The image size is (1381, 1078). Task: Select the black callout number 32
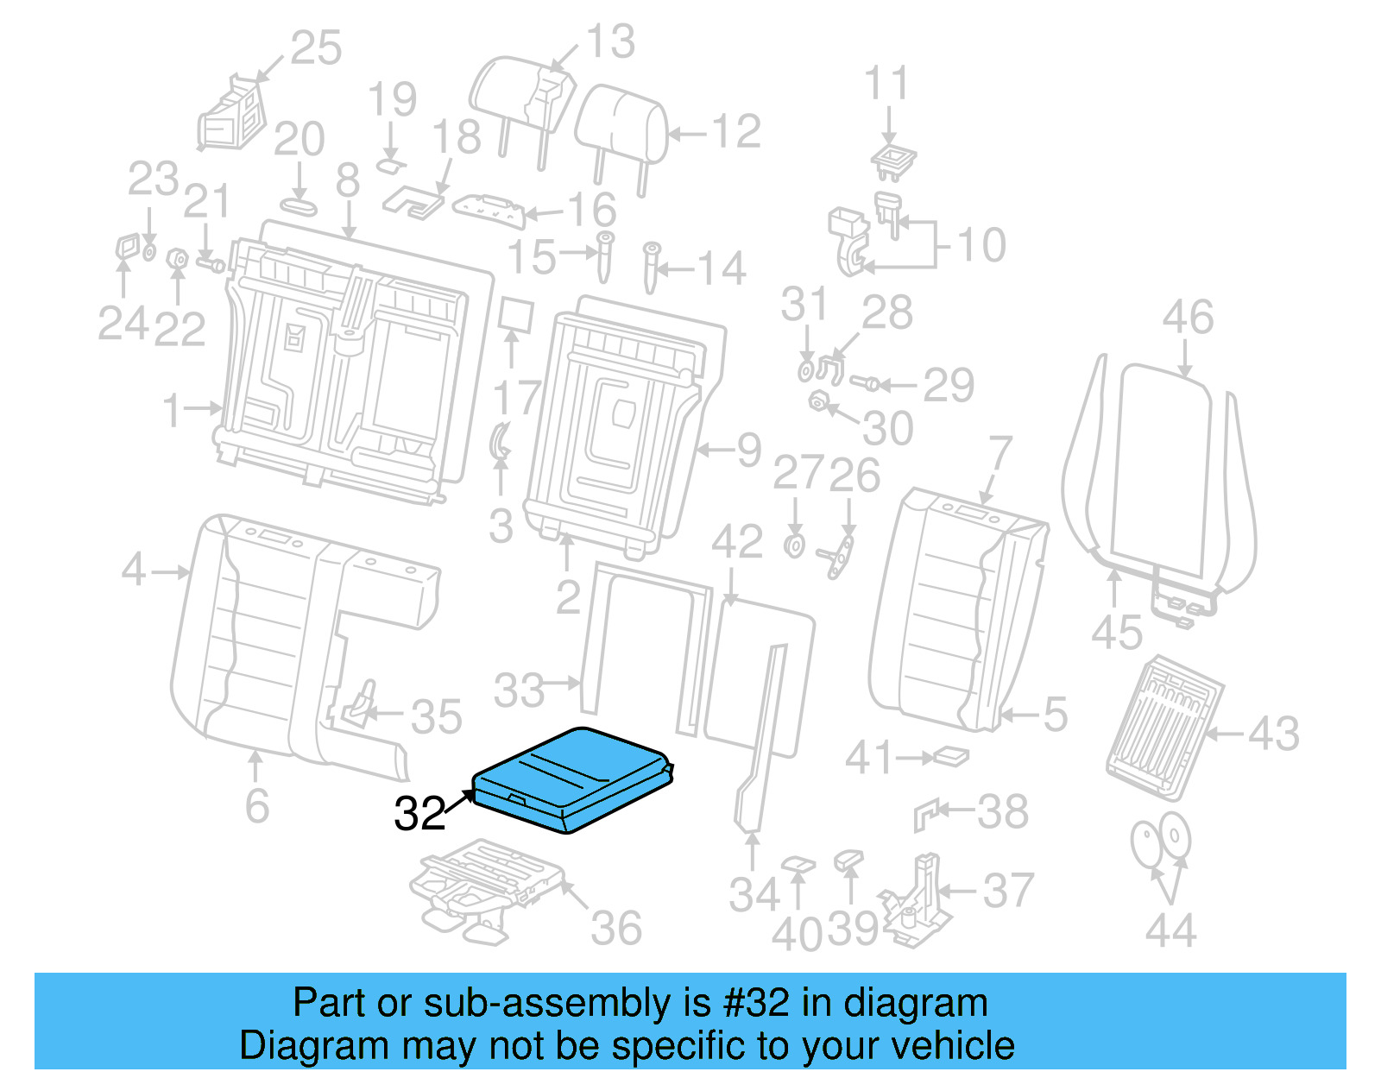(x=419, y=813)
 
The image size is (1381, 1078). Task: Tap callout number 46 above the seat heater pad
(x=1188, y=318)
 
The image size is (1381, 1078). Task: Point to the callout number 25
(x=316, y=48)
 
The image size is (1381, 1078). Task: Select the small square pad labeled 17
(x=515, y=316)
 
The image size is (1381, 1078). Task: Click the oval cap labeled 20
(x=299, y=206)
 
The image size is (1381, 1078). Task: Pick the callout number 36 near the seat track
(x=616, y=929)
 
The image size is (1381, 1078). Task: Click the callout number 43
(x=1273, y=734)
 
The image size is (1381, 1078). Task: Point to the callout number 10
(x=982, y=245)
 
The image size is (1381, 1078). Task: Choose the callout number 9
(x=748, y=450)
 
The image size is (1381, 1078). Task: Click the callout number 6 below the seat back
(x=256, y=805)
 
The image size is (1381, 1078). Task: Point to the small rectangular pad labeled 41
(x=952, y=757)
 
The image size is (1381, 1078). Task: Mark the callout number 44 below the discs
(x=1170, y=930)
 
